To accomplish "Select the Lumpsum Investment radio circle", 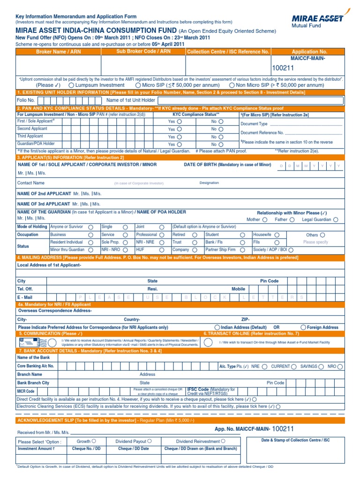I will click(71, 85).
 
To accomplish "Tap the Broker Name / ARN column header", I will click(58, 52).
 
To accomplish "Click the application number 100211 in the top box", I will click(283, 69).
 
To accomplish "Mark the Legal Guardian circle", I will click(335, 219).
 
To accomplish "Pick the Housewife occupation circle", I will click(277, 235).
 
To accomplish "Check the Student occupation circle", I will click(242, 235).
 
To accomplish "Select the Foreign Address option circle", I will click(304, 327).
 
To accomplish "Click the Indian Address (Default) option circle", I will click(217, 327).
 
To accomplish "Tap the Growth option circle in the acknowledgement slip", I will click(94, 441).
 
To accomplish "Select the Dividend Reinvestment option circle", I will click(223, 441).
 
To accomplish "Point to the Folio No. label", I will click(26, 100).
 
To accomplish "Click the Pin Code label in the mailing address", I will click(269, 281).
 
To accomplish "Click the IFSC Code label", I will click(198, 390).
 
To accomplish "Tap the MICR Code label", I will click(26, 391).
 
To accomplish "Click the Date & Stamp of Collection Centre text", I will click(295, 440).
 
